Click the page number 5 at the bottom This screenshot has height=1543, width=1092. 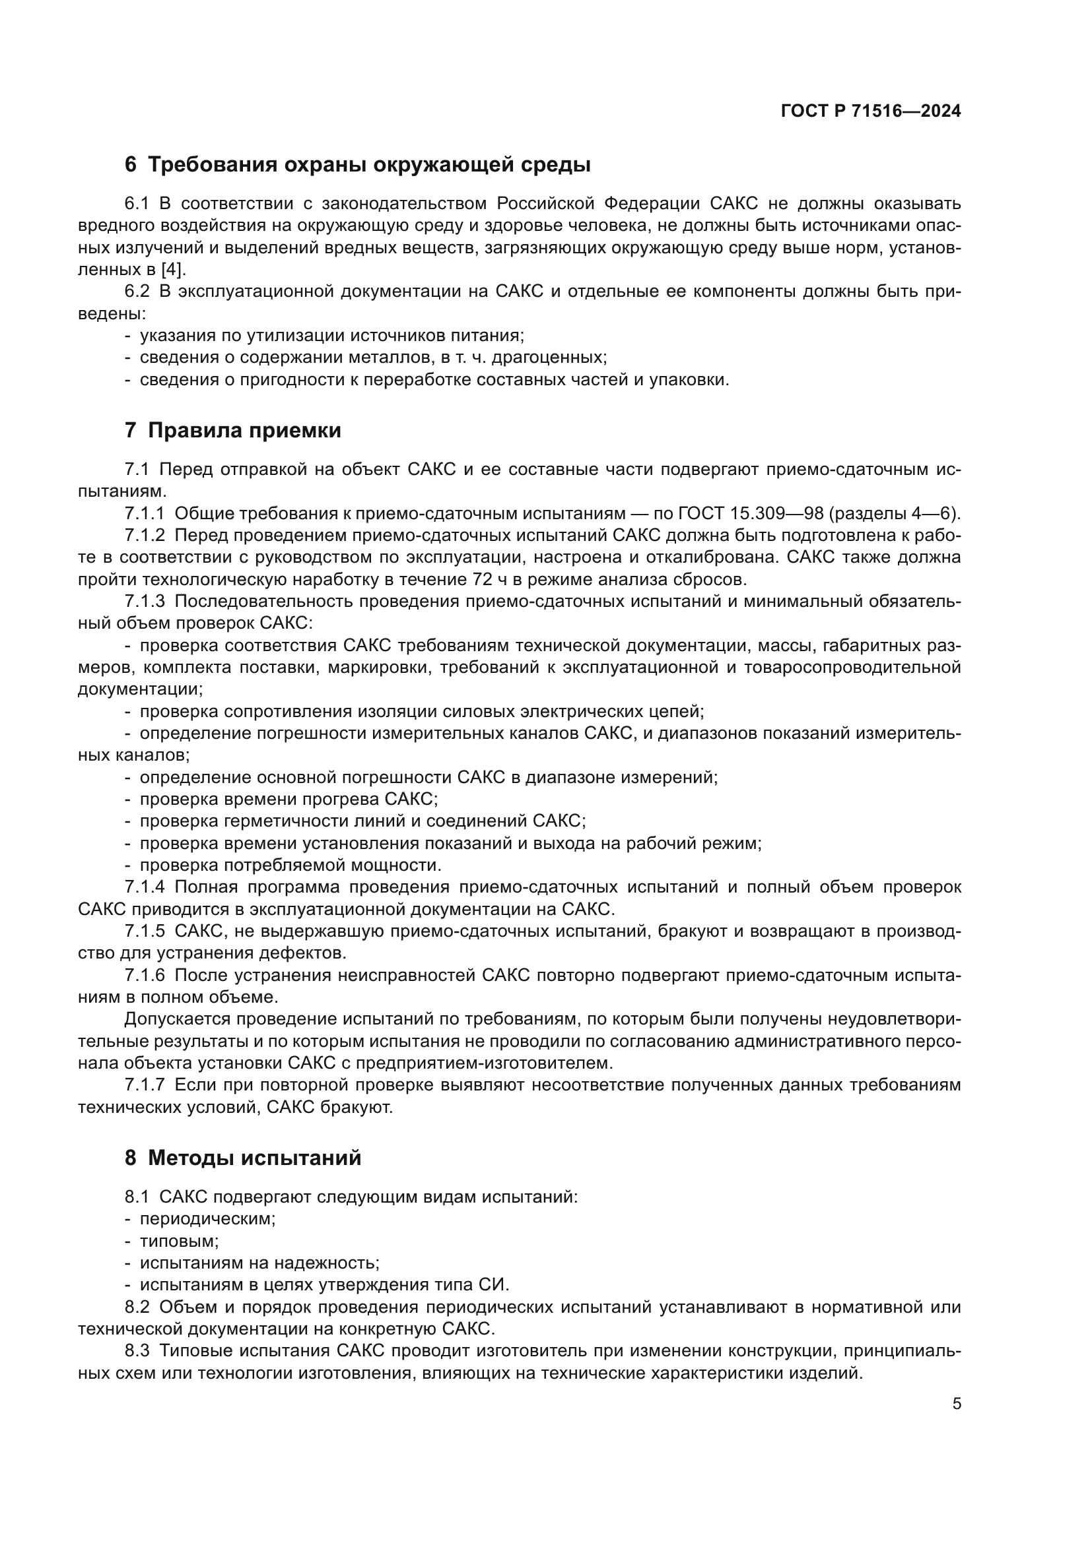pyautogui.click(x=956, y=1403)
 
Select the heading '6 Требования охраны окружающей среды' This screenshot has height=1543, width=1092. pyautogui.click(x=357, y=165)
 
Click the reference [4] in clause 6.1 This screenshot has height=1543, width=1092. pyautogui.click(x=172, y=270)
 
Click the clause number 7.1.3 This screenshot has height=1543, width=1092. pyautogui.click(x=145, y=602)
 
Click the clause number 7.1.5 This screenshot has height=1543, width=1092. pyautogui.click(x=145, y=931)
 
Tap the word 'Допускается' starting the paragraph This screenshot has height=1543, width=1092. pyautogui.click(x=178, y=1019)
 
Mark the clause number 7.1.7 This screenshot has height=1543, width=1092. pyautogui.click(x=145, y=1085)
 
